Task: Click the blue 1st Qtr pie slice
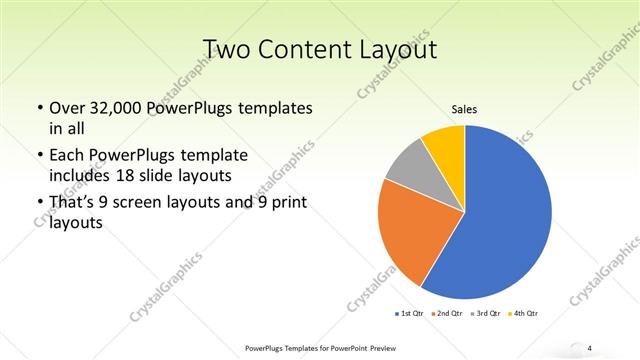pos(505,215)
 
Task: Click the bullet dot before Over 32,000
pos(39,108)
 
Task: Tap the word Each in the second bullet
pos(68,156)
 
